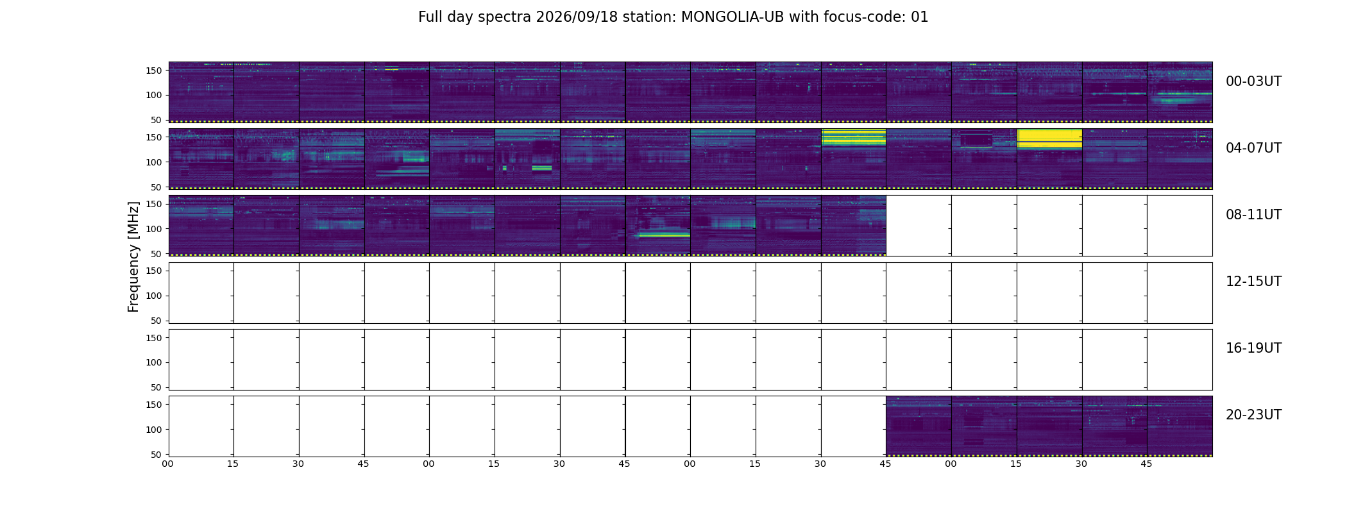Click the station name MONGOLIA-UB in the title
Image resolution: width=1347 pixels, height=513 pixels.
coord(733,17)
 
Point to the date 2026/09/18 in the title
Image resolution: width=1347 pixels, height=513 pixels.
coord(577,17)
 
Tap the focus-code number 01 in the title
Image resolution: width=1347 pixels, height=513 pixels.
coord(919,17)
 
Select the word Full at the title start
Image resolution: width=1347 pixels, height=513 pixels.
coord(430,17)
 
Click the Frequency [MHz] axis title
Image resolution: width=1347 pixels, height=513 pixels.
coord(133,256)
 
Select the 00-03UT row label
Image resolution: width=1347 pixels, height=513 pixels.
coord(1253,81)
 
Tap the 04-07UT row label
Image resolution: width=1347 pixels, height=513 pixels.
coord(1253,148)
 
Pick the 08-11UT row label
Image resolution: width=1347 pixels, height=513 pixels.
coord(1253,215)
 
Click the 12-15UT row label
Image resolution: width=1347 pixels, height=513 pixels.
coord(1253,282)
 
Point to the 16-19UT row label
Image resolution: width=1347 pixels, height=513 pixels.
coord(1253,348)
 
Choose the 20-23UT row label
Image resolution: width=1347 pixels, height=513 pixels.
coord(1253,415)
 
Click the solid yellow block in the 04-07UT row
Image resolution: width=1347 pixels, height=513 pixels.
coord(1050,139)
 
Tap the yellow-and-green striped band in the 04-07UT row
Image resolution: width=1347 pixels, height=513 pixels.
coord(853,138)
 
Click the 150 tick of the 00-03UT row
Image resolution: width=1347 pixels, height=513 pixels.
coord(153,71)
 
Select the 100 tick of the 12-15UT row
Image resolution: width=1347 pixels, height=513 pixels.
coord(153,296)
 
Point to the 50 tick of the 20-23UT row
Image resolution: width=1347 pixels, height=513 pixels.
coord(156,455)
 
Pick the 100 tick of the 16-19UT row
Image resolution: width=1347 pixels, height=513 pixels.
coord(153,362)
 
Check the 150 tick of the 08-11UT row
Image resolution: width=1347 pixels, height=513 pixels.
coord(153,204)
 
